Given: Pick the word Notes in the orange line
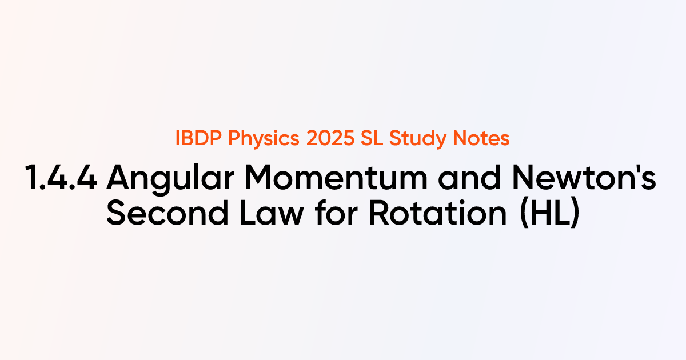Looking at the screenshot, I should (477, 139).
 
